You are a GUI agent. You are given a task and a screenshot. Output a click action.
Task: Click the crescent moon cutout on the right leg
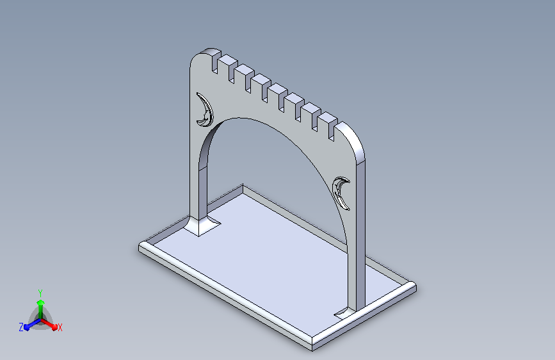coord(340,193)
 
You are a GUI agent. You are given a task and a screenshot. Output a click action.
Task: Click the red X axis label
coord(60,327)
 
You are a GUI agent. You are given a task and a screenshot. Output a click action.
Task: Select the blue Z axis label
coord(21,327)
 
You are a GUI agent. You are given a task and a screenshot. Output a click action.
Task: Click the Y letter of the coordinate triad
coord(40,293)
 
